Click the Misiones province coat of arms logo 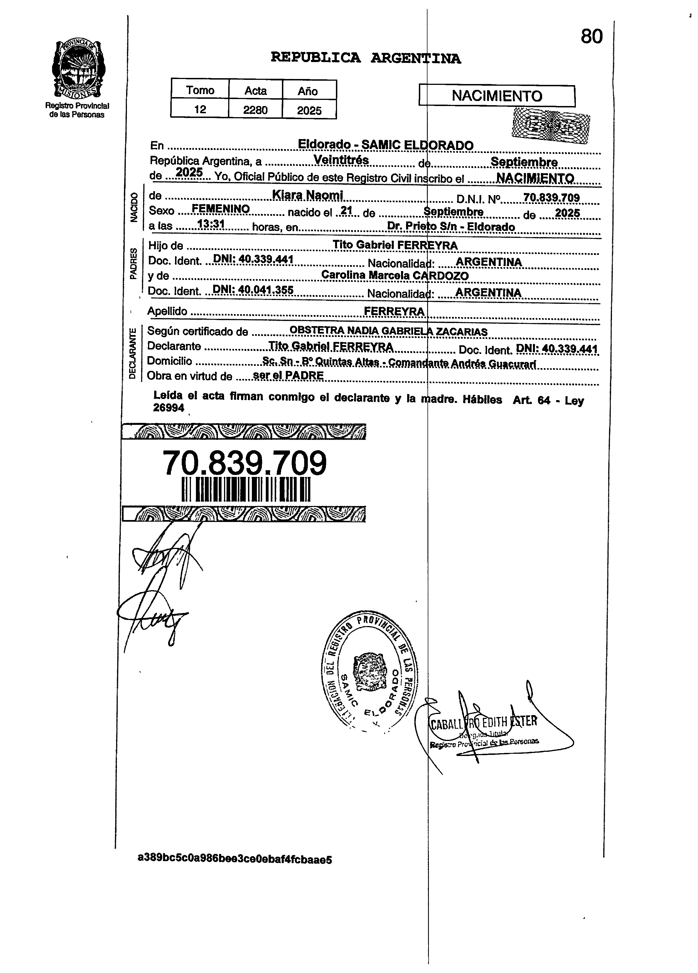click(x=78, y=69)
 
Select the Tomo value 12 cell click(x=200, y=109)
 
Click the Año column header click(x=308, y=91)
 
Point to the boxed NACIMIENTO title click(x=497, y=96)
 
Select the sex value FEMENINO click(x=220, y=209)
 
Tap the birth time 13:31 click(x=211, y=224)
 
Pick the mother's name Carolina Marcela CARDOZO click(x=395, y=275)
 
